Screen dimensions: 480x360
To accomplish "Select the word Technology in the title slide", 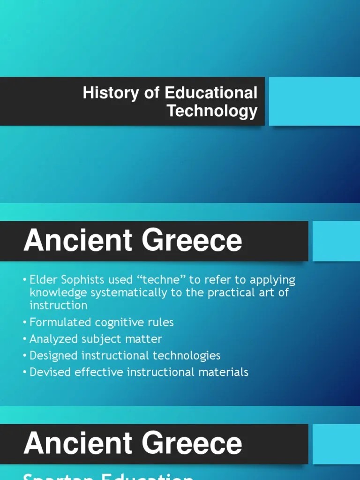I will [x=212, y=111].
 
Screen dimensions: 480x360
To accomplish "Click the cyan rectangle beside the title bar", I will [x=314, y=101].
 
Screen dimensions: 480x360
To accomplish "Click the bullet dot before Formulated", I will [x=25, y=323].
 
